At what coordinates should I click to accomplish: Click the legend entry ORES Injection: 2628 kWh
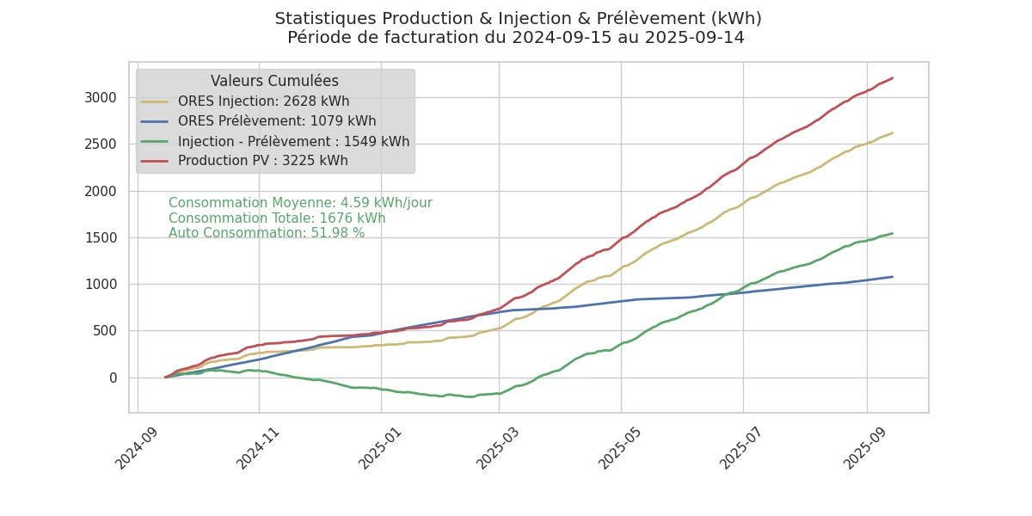(x=263, y=101)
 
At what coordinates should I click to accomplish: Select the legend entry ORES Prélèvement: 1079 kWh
(x=277, y=121)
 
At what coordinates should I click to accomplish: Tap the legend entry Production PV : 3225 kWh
(x=262, y=161)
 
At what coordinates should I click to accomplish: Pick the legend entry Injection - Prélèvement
(x=293, y=142)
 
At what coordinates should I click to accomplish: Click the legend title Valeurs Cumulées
(x=274, y=81)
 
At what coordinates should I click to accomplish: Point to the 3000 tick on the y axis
(x=100, y=97)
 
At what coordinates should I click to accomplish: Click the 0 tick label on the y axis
(x=112, y=378)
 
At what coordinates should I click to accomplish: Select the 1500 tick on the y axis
(x=100, y=237)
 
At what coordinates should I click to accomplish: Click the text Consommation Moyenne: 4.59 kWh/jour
(x=300, y=203)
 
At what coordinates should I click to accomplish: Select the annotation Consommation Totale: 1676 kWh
(x=277, y=218)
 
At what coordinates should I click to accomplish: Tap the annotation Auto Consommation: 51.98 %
(x=267, y=233)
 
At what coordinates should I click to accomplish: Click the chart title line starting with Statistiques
(x=518, y=19)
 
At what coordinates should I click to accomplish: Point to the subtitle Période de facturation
(x=516, y=38)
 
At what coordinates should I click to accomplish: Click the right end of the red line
(x=893, y=78)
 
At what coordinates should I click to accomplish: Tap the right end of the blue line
(x=893, y=277)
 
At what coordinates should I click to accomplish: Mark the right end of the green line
(x=893, y=233)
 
